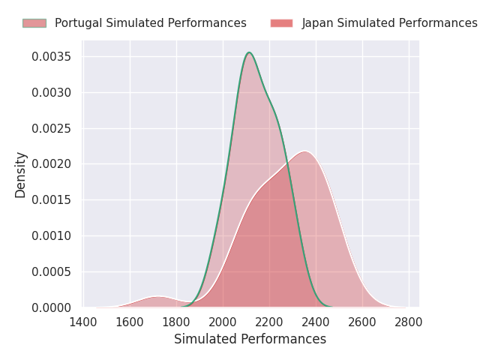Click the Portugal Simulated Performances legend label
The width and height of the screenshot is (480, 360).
(x=150, y=23)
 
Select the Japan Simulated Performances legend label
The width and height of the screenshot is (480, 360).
(x=389, y=23)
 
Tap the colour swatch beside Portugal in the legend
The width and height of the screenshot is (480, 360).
(x=34, y=23)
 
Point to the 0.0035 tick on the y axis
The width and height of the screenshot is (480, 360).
(x=51, y=56)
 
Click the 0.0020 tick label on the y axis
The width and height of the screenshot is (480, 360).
(x=51, y=164)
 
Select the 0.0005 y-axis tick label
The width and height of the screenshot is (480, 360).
(x=51, y=271)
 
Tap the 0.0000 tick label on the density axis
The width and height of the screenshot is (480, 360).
(x=51, y=307)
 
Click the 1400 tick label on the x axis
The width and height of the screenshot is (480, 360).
(x=83, y=322)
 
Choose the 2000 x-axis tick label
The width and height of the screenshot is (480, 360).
(x=223, y=322)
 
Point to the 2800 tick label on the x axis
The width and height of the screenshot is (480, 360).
(x=409, y=322)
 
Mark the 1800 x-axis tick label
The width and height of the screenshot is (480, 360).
(x=176, y=322)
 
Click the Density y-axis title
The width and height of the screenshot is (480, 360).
(x=21, y=175)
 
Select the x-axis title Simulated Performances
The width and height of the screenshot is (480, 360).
(x=250, y=339)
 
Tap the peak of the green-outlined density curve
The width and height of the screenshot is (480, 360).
(x=249, y=52)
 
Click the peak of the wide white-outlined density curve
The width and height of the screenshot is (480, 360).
(x=304, y=151)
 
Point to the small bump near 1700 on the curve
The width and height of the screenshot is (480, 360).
(x=158, y=297)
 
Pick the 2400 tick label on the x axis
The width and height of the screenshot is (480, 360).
(x=316, y=322)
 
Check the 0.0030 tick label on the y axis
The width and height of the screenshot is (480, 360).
(x=51, y=92)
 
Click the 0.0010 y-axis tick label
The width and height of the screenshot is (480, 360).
(x=51, y=235)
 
